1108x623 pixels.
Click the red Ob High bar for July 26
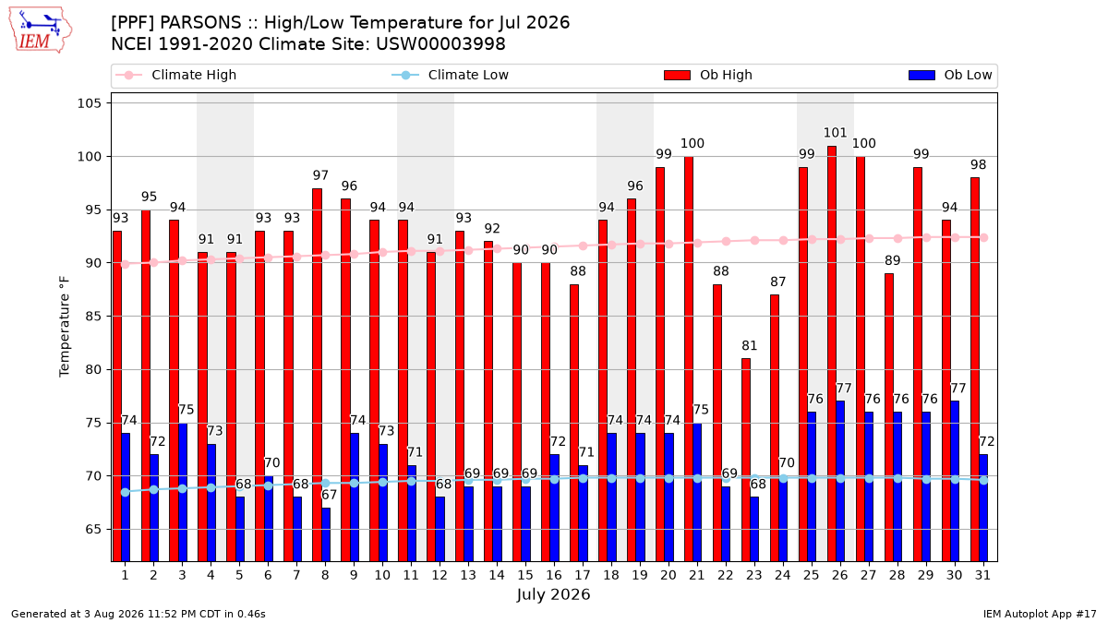coord(832,353)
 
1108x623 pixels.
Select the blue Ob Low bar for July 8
coord(325,534)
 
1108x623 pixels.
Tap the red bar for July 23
coord(746,460)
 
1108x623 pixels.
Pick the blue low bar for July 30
coord(955,481)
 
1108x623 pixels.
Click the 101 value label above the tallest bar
coord(835,133)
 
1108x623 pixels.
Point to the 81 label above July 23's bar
coord(749,345)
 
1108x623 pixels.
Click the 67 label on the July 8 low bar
coord(329,495)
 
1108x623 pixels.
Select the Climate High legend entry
coord(176,75)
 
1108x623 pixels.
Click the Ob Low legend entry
coord(950,75)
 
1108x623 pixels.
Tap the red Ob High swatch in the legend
coord(677,75)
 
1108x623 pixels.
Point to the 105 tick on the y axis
coord(89,103)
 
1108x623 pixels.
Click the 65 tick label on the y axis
coord(93,530)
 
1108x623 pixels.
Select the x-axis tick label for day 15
coord(525,575)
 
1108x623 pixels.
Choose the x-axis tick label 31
coord(982,575)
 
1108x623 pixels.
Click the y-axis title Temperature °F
coord(65,327)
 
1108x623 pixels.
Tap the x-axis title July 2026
coord(553,593)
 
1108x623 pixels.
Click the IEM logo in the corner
coord(40,30)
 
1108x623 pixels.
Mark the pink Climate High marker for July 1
coord(126,265)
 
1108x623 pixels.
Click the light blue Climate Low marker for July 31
coord(983,481)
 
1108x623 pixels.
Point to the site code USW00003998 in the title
coord(440,44)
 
